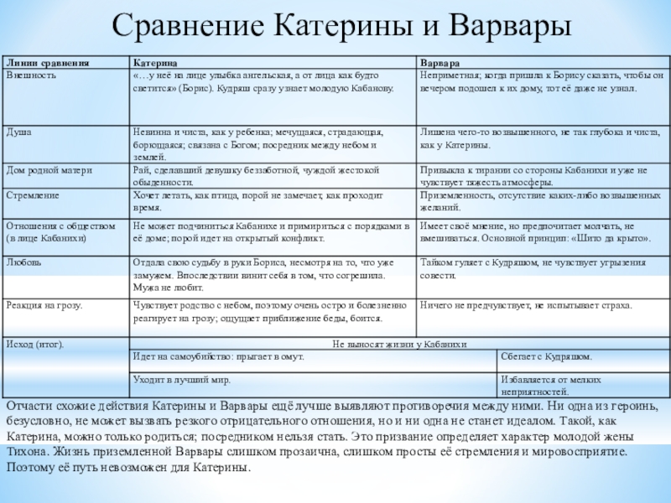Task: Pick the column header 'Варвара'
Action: (440, 63)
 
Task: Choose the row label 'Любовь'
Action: (23, 262)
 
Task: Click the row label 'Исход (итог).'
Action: (35, 345)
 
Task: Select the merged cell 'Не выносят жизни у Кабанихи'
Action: (398, 345)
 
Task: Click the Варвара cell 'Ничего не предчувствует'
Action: (526, 306)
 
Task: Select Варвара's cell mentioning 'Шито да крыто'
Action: (533, 231)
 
